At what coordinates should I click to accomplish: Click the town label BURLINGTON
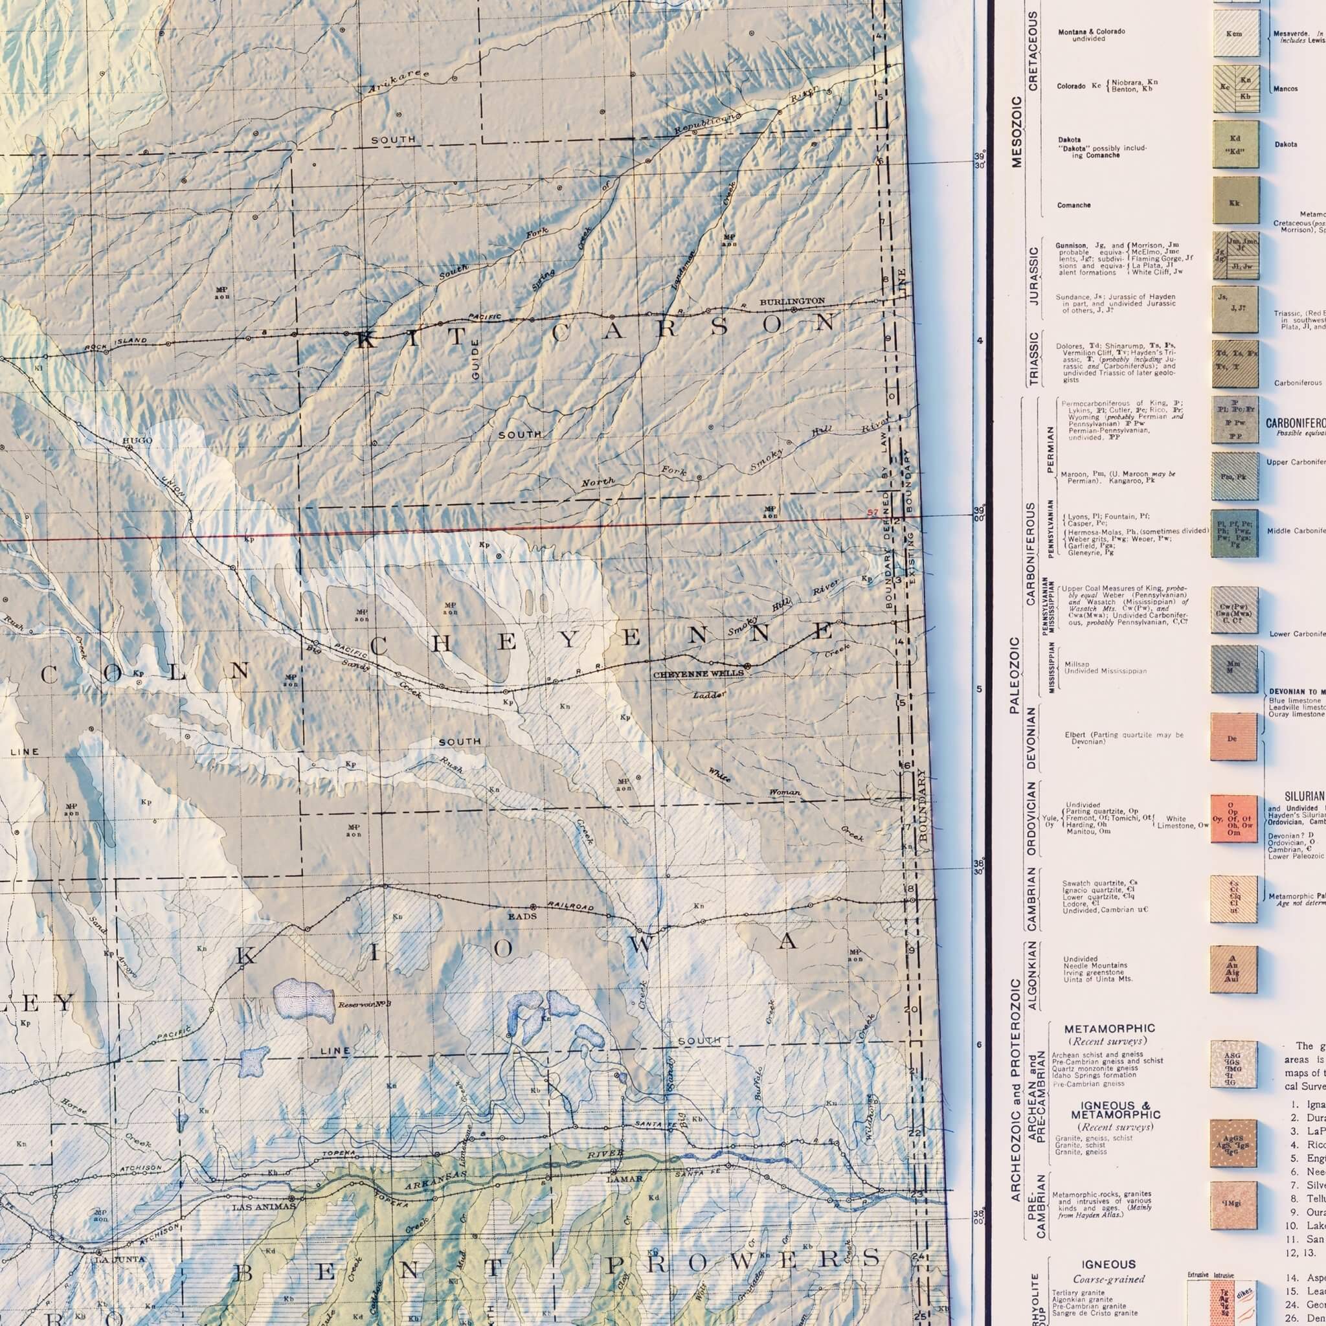point(792,301)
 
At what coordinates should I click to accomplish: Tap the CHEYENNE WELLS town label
point(698,674)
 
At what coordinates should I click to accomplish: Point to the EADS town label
point(522,916)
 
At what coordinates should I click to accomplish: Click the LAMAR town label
point(625,1179)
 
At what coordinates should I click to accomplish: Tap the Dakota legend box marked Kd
point(1235,145)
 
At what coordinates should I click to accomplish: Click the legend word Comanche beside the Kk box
point(1073,205)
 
